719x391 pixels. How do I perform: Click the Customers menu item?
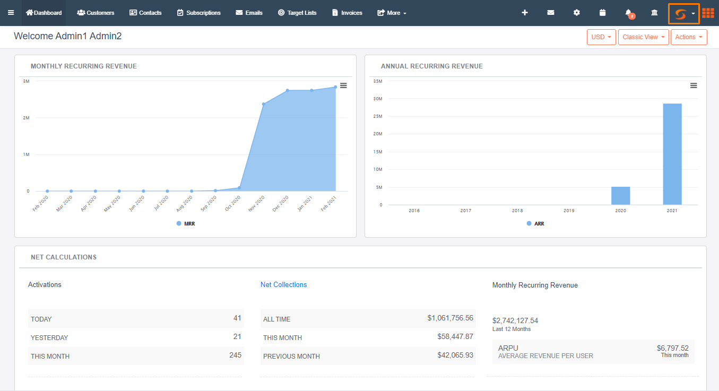coord(96,13)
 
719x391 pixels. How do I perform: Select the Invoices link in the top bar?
coord(347,13)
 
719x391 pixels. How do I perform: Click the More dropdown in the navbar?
coord(392,13)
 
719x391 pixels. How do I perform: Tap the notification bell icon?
coord(629,13)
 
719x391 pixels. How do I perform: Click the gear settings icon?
coord(577,13)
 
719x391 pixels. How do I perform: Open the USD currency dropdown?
coord(601,37)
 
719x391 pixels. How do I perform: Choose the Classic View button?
coord(643,37)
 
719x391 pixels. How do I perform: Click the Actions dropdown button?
coord(689,37)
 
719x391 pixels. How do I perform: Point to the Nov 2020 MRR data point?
coord(263,104)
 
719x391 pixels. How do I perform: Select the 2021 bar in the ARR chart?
coord(672,154)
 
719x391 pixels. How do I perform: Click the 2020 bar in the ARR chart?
coord(620,196)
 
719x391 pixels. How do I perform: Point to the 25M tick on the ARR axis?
coord(378,116)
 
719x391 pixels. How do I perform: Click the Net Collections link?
coord(283,285)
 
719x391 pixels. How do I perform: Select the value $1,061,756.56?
coord(450,318)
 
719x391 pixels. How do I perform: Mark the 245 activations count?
coord(235,355)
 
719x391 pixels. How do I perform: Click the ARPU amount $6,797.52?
coord(672,349)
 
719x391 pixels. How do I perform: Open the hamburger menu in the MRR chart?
coord(343,85)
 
